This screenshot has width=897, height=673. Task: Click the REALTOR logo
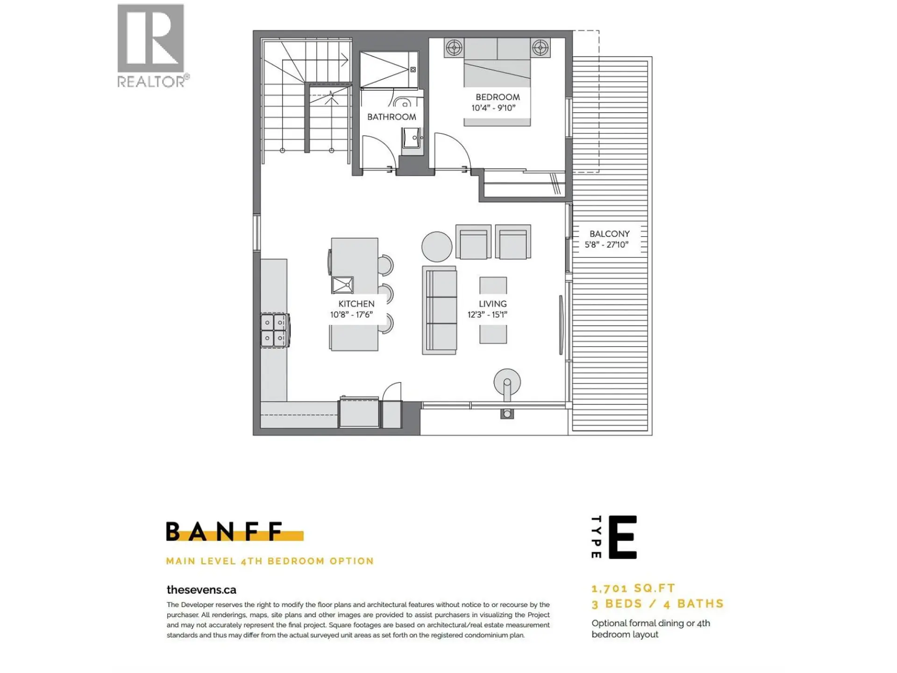click(151, 46)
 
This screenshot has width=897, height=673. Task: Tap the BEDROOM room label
click(497, 97)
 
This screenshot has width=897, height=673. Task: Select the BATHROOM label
click(392, 117)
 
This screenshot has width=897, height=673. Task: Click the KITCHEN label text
click(356, 304)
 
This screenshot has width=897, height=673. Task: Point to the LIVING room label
click(492, 304)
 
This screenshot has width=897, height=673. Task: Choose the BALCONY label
click(609, 234)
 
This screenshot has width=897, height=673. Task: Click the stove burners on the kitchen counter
click(274, 330)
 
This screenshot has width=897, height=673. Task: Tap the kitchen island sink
click(342, 284)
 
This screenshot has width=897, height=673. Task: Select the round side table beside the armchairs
click(437, 246)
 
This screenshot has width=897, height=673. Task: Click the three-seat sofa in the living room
click(440, 310)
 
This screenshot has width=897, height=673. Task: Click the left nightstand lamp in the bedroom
click(454, 48)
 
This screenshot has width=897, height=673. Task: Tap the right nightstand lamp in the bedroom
click(540, 48)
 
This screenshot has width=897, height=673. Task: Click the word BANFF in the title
click(225, 531)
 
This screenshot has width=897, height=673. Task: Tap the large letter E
click(622, 537)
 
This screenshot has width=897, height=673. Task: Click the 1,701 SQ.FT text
click(633, 588)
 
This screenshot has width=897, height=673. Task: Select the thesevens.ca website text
click(201, 590)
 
